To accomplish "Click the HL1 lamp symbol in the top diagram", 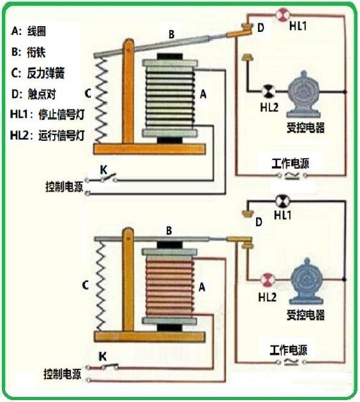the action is [x=283, y=15].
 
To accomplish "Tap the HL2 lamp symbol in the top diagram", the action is [x=268, y=90].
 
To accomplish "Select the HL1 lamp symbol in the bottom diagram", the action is [x=282, y=201].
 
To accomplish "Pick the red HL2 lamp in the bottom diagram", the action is [x=268, y=280].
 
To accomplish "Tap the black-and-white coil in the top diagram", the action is [x=169, y=99].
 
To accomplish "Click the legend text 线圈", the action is [x=36, y=31].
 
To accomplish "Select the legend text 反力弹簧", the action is [x=46, y=73].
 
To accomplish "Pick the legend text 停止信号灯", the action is [x=61, y=114].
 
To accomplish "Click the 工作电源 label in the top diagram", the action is [x=291, y=163].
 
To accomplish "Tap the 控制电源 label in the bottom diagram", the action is [x=62, y=374].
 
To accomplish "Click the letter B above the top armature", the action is [x=171, y=34].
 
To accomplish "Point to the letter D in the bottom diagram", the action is [x=259, y=222].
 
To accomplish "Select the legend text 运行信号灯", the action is [x=61, y=135].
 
